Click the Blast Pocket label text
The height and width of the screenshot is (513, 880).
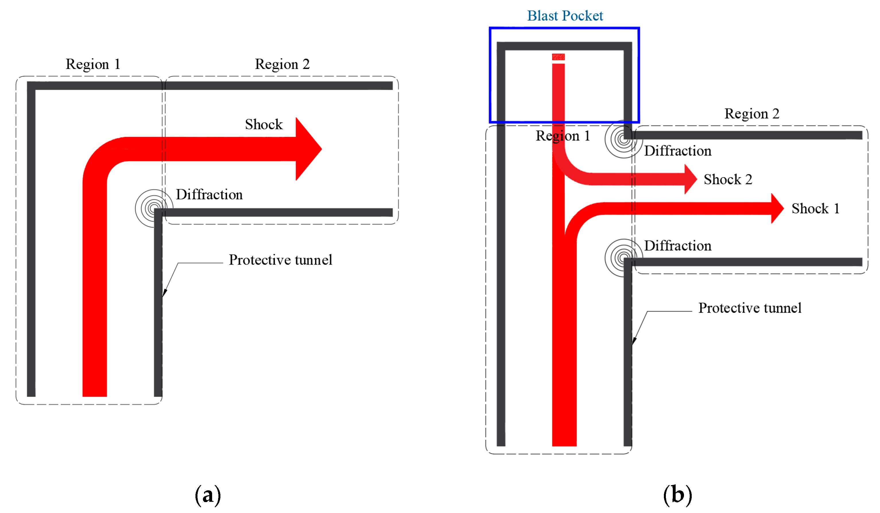565,16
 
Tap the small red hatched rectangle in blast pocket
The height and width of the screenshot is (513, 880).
558,57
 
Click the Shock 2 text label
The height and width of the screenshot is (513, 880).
727,179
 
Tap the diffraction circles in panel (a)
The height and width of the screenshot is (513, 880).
154,208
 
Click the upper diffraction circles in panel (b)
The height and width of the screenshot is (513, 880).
623,139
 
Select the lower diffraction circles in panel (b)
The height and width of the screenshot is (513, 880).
623,258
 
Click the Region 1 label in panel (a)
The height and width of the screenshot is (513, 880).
93,64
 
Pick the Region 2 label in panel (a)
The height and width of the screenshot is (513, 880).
282,64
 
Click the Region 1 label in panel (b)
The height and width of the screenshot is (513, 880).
563,136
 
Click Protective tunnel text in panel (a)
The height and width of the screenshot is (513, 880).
280,260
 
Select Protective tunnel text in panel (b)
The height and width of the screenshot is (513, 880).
749,308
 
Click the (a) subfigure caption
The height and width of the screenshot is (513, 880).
208,495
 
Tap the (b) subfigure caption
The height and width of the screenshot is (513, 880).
677,495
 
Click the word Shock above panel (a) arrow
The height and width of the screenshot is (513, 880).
264,125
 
